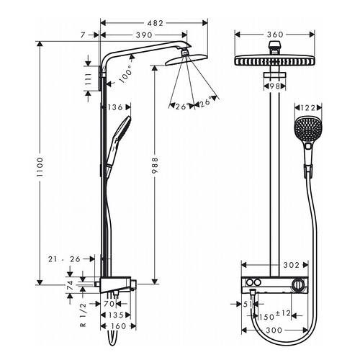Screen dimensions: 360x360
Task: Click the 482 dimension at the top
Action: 155,23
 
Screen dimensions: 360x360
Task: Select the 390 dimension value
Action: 144,35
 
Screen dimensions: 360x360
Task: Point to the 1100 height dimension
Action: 40,167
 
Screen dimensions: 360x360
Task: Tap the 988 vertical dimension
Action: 155,166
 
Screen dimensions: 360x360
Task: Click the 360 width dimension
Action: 275,35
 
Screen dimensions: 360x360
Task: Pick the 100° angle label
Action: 126,74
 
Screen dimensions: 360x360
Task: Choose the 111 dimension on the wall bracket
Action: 89,79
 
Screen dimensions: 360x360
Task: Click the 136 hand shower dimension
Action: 116,107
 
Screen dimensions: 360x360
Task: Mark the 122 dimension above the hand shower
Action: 308,108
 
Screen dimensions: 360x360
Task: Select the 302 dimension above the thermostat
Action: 292,265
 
